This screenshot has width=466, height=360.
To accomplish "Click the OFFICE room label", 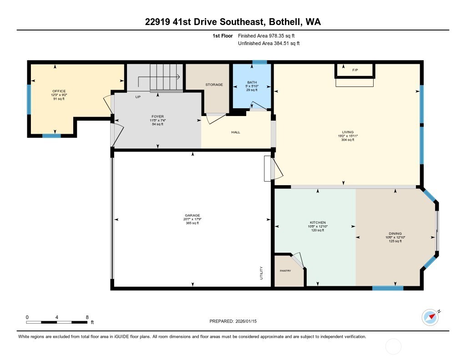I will coord(59,91).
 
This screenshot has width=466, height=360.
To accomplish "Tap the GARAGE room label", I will coord(192,215).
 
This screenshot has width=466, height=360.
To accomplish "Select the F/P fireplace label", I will coord(355,71).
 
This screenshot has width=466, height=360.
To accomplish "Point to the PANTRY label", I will coord(285,271).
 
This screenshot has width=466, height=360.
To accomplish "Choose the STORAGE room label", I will coord(214,85).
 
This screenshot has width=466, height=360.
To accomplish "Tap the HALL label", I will coord(236,132).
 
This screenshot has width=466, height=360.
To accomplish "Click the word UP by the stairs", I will coord(138,97).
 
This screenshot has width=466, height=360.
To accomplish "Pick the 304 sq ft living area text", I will coord(348,140).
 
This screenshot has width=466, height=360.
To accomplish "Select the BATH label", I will coord(252,82).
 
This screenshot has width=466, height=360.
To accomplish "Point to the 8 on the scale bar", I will coord(86,317).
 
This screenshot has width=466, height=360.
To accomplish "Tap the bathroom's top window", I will coord(260,62).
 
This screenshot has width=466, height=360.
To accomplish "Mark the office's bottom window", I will coord(51,135).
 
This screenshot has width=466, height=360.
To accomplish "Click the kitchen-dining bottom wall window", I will coord(388,288).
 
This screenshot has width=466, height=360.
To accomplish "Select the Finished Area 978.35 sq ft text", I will coord(269,35).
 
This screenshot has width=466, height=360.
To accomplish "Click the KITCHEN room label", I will coord(317,223).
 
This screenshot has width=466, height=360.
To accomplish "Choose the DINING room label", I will coord(395,233).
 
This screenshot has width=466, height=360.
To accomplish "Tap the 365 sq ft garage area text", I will coord(192,223).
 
